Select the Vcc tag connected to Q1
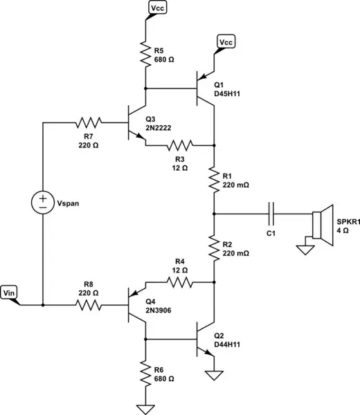[226, 43]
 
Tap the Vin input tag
[11, 293]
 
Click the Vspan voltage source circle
[43, 201]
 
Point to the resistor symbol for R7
[88, 122]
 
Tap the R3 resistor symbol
[178, 145]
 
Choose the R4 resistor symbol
[178, 282]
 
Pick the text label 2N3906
[160, 311]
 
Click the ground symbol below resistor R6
[145, 408]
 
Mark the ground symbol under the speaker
[303, 246]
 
